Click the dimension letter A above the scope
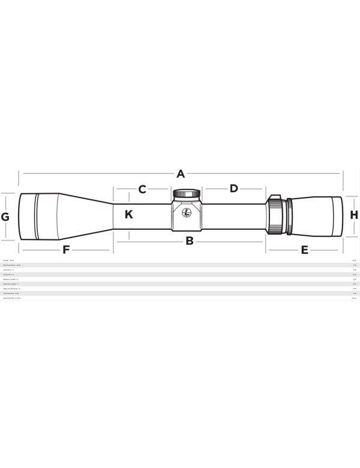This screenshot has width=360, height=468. (181, 174)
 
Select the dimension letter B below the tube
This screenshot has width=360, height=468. (189, 241)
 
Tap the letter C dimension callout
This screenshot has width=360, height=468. (142, 190)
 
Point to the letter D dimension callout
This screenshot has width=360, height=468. (234, 188)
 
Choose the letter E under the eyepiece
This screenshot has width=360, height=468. (305, 250)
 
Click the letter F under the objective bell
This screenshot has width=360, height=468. (66, 250)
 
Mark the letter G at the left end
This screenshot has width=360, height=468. (5, 217)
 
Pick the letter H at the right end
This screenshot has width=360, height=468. (354, 215)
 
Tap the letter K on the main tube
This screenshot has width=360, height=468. (129, 214)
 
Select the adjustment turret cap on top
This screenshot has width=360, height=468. (187, 194)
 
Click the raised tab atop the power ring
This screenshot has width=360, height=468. (274, 196)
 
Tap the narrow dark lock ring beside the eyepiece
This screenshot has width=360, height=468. (290, 215)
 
